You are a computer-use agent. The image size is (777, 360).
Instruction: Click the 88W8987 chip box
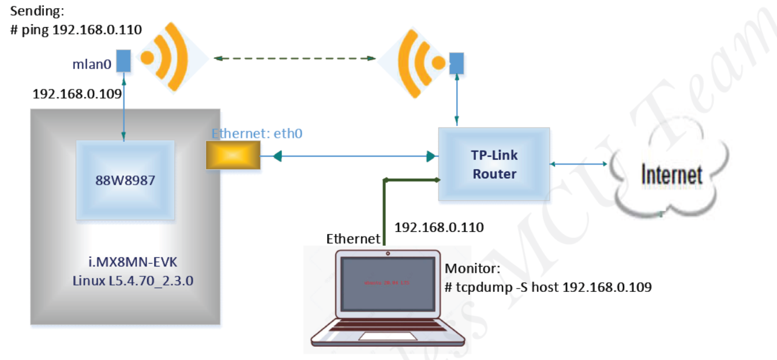click(125, 179)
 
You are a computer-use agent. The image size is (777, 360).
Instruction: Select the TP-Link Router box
click(494, 164)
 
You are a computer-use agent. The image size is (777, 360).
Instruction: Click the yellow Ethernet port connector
click(233, 156)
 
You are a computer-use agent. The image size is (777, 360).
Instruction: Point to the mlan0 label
click(92, 65)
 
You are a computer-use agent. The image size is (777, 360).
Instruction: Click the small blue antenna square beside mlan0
click(123, 61)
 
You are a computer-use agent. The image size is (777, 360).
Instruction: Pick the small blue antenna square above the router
click(457, 63)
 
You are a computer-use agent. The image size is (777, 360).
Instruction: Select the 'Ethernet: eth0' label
click(257, 133)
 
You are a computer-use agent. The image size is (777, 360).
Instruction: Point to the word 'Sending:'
click(35, 11)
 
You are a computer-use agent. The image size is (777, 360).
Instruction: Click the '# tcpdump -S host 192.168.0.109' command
click(548, 287)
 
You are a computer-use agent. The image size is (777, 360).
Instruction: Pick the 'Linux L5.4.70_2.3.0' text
click(125, 280)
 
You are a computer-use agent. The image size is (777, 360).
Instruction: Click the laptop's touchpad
click(386, 336)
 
